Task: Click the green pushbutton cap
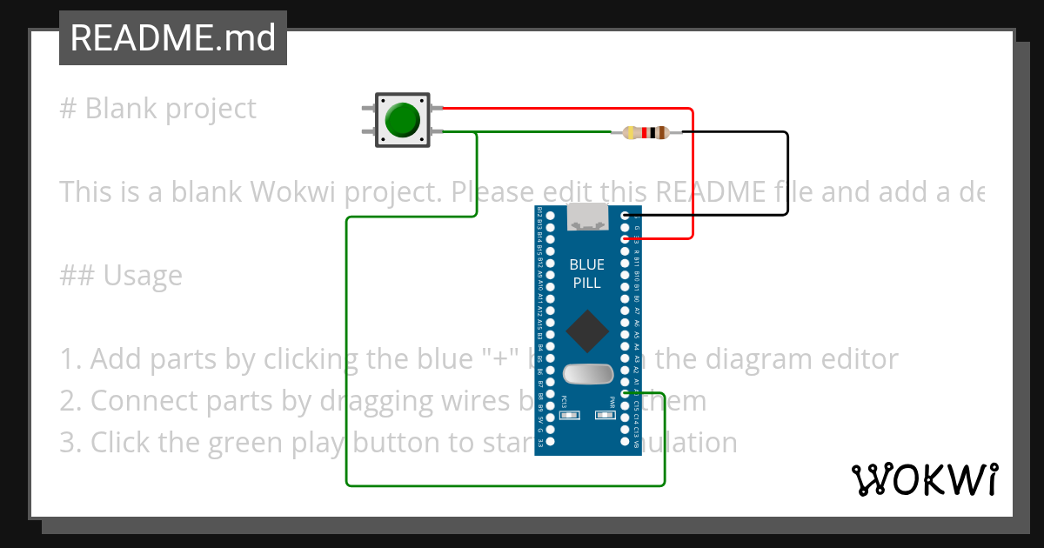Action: click(402, 120)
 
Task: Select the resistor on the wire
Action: click(646, 133)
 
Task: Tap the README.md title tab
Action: click(172, 38)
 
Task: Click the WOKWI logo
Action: click(924, 479)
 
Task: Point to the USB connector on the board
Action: click(587, 217)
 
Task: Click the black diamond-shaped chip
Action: click(587, 331)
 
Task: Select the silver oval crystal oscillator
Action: click(587, 374)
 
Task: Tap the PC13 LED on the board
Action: click(570, 416)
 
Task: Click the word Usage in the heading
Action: click(143, 276)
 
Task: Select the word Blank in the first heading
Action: click(122, 109)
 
